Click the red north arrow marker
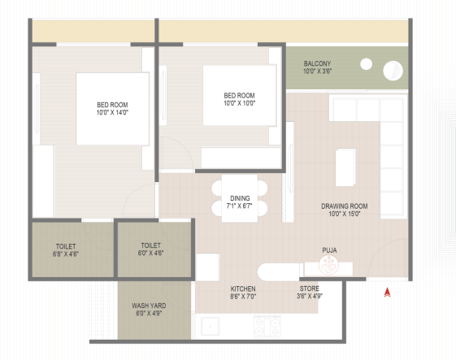point(387,293)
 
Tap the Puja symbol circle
point(329,265)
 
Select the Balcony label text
point(317,63)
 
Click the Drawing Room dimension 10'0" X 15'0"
point(345,214)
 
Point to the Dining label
point(240,198)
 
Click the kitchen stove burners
point(267,326)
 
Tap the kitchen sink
point(210,326)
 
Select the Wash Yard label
point(149,306)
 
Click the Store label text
point(310,288)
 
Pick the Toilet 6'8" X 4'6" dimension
point(66,254)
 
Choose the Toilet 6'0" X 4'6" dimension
point(150,253)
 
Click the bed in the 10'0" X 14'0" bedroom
point(112,109)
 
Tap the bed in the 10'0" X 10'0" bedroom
point(239,95)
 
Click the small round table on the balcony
point(366,64)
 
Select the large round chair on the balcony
point(393,71)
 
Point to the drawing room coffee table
point(345,167)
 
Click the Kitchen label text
point(243,288)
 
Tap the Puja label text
point(329,250)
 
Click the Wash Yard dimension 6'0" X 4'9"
point(149,313)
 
